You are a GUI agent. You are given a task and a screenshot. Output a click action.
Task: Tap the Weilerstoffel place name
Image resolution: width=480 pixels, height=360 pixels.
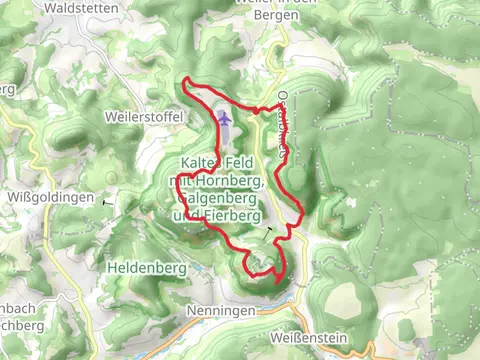pyautogui.click(x=144, y=116)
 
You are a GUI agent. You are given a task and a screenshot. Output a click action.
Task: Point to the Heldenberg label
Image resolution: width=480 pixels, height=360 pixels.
pyautogui.click(x=144, y=268)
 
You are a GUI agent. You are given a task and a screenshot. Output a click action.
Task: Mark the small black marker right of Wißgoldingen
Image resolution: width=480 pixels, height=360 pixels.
pyautogui.click(x=105, y=201)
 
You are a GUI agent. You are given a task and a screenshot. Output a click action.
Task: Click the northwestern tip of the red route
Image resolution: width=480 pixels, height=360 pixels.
pyautogui.click(x=186, y=78)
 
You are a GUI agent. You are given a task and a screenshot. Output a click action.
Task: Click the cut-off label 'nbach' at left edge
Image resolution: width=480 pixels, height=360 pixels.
pyautogui.click(x=14, y=307)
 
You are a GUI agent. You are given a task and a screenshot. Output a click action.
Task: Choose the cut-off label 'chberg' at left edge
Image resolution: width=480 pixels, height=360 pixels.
pyautogui.click(x=18, y=325)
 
